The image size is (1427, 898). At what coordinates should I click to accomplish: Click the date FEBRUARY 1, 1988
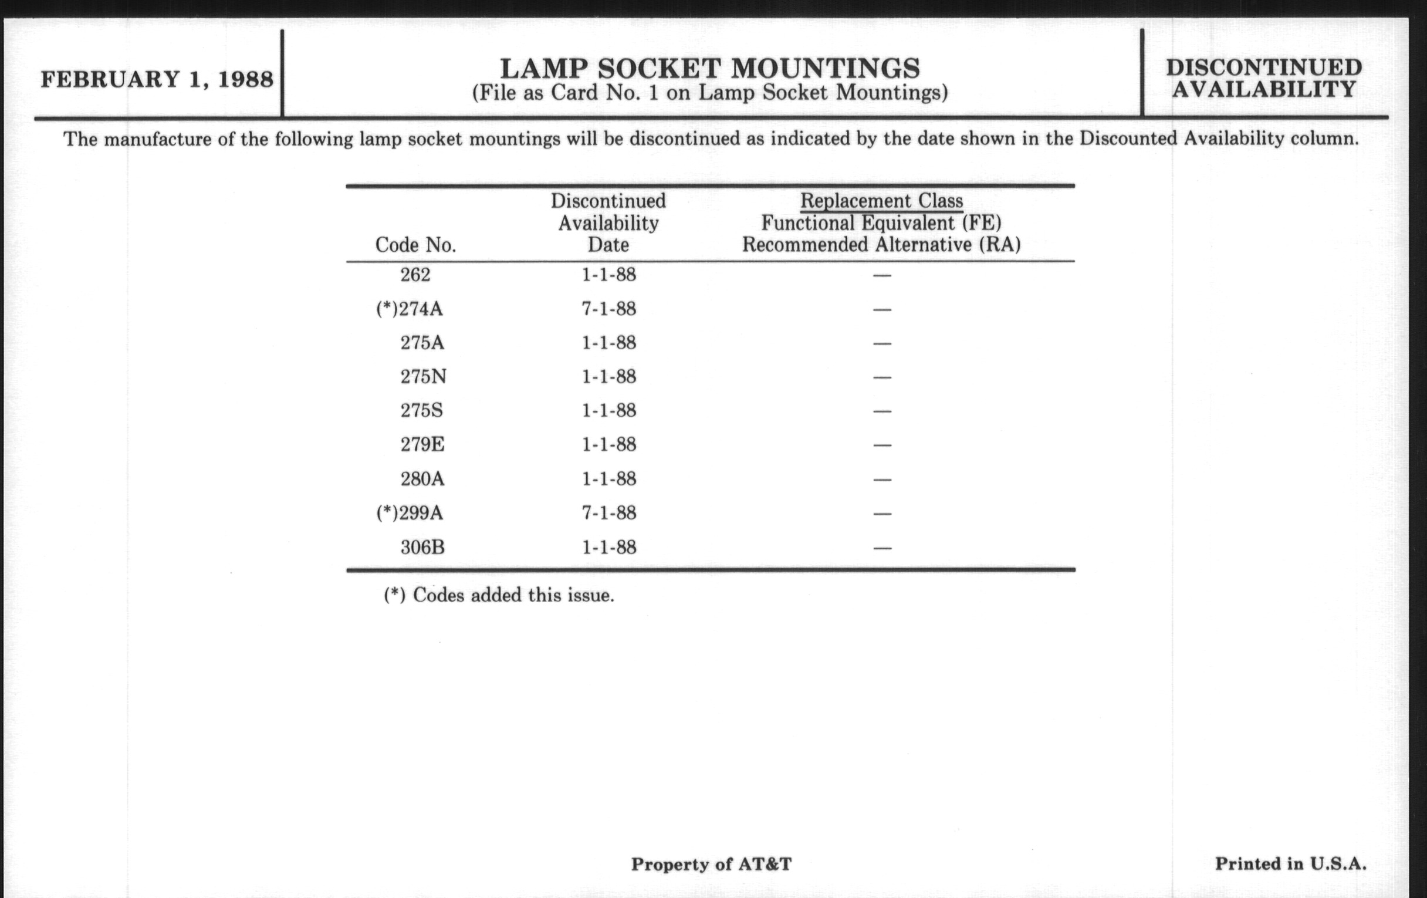157,79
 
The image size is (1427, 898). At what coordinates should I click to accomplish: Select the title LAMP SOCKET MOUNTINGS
710,69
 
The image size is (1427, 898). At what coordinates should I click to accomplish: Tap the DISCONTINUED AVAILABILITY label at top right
1264,78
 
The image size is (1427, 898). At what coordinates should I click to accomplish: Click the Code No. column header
415,245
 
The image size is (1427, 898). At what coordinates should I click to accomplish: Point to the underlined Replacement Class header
881,201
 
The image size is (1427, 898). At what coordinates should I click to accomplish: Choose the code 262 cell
415,275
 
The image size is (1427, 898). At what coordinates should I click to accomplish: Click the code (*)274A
410,309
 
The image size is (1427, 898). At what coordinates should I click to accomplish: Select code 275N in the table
423,377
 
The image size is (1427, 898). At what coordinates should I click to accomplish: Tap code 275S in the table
421,411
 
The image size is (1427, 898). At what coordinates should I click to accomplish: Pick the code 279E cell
422,444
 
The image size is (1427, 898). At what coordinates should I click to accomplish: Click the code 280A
422,479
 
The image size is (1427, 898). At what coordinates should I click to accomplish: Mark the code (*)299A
410,513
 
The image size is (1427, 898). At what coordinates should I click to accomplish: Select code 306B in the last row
422,547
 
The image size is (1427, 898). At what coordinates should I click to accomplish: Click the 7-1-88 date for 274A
608,309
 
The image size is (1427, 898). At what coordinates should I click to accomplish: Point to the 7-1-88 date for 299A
608,513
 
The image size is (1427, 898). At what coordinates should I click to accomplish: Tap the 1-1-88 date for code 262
608,275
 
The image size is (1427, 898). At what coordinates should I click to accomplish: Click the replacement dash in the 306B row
882,548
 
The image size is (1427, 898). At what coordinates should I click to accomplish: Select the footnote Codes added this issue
499,595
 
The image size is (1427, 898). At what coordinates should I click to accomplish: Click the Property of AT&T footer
711,864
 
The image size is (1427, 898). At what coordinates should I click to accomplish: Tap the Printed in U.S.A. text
1291,863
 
